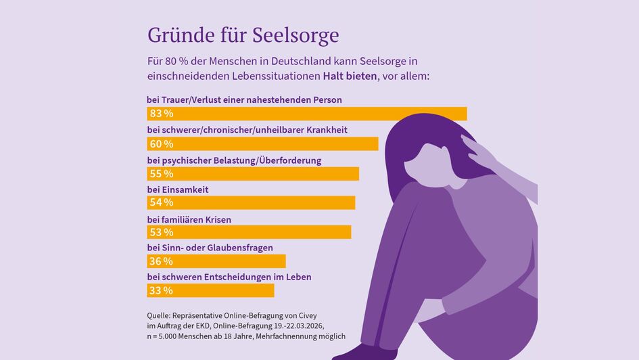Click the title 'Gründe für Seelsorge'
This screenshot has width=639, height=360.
click(x=243, y=35)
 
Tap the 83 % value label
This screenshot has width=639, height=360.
click(x=161, y=114)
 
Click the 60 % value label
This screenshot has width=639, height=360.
click(x=161, y=144)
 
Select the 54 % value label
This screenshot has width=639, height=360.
click(x=161, y=202)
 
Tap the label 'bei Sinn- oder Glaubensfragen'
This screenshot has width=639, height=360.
click(x=210, y=248)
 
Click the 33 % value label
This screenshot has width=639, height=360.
click(x=161, y=291)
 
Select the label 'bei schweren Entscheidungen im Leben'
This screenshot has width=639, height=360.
click(x=229, y=277)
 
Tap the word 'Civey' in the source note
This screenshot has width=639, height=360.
click(x=304, y=315)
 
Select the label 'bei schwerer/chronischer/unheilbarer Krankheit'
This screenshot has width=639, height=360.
click(x=247, y=129)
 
